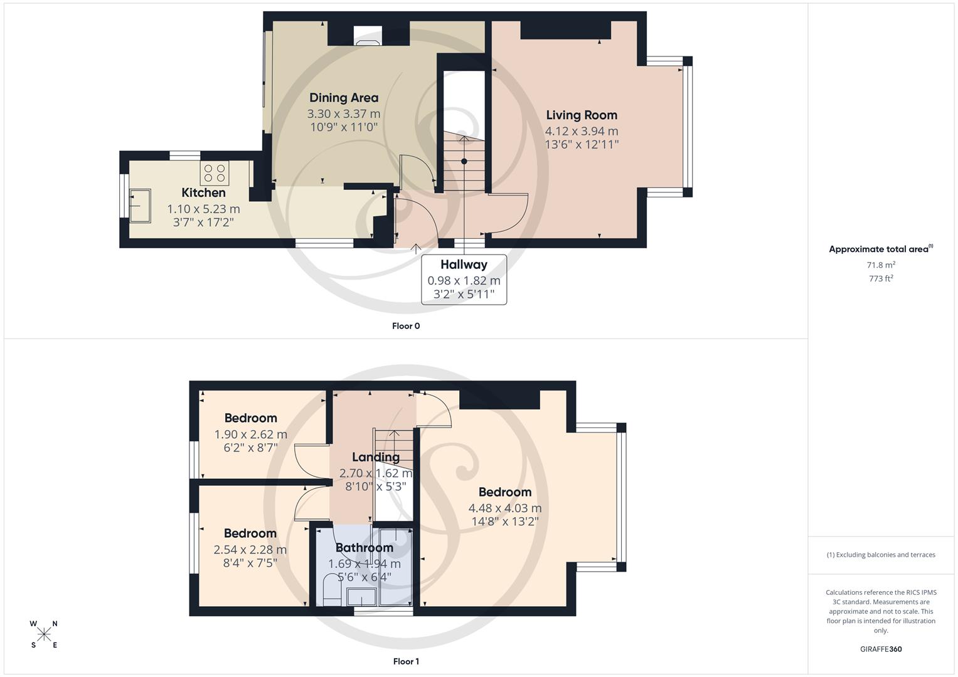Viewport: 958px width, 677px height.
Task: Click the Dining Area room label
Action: point(344,98)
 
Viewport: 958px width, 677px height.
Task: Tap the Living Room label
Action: point(582,115)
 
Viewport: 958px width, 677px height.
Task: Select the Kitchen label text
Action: point(203,193)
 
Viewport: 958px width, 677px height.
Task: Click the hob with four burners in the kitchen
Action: point(215,173)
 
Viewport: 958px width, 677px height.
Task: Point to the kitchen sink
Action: point(140,206)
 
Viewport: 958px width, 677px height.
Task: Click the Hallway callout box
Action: point(464,280)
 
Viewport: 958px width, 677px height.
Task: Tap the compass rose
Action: point(44,634)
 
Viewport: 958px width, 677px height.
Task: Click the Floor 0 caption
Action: point(406,326)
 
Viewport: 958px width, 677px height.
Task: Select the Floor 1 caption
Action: point(406,661)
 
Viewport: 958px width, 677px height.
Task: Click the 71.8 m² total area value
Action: point(881,265)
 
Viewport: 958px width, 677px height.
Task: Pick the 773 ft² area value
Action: point(881,279)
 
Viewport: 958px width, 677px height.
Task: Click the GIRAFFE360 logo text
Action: point(881,649)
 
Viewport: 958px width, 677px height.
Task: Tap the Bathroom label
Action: point(364,548)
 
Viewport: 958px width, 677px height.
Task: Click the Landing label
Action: point(375,458)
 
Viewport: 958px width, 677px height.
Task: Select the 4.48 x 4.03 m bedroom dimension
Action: point(505,508)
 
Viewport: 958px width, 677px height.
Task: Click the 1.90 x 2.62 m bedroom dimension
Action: point(250,434)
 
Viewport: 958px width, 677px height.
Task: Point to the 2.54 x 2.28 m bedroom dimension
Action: point(250,550)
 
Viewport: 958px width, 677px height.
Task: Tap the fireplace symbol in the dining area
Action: point(367,37)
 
